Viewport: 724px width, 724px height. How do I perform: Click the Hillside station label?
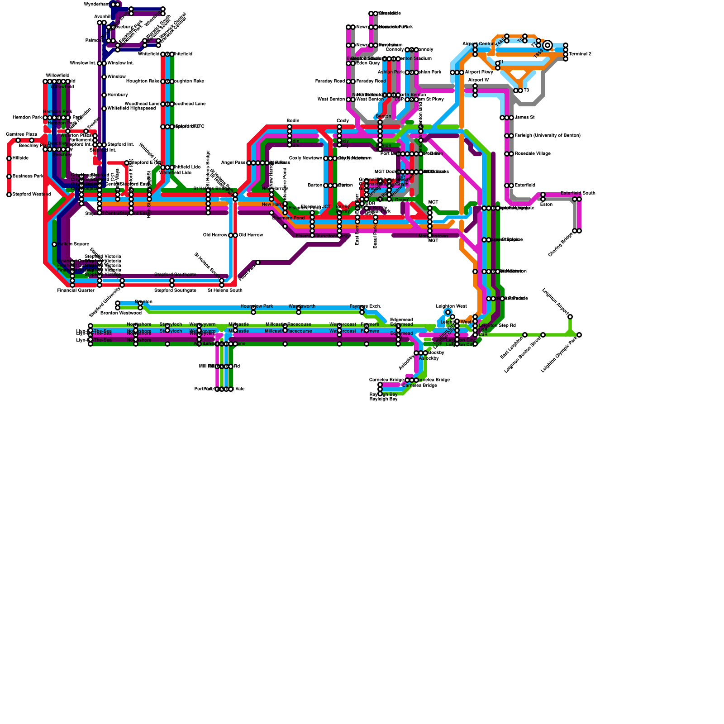(x=20, y=158)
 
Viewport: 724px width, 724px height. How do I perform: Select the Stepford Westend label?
(x=31, y=195)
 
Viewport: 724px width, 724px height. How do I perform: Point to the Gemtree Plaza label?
(x=21, y=134)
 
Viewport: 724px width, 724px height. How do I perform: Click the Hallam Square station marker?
(x=54, y=244)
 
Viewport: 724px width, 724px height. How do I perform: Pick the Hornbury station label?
(x=117, y=95)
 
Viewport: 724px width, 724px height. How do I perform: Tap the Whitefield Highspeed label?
(x=131, y=109)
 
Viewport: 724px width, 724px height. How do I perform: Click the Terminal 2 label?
(x=580, y=54)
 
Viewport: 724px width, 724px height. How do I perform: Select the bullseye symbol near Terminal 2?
(x=548, y=45)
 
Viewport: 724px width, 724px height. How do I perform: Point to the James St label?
(x=524, y=118)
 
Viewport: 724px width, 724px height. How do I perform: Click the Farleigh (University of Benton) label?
(x=548, y=136)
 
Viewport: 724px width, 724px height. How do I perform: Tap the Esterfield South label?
(x=578, y=193)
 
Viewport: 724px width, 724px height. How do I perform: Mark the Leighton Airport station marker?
(x=570, y=317)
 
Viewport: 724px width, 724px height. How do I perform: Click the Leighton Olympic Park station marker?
(x=579, y=335)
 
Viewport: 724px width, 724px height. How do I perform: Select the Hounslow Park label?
(x=257, y=306)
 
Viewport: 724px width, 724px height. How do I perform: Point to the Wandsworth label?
(x=302, y=306)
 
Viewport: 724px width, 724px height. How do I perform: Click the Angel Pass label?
(x=233, y=163)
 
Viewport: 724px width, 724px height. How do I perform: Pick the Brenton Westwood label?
(x=121, y=313)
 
